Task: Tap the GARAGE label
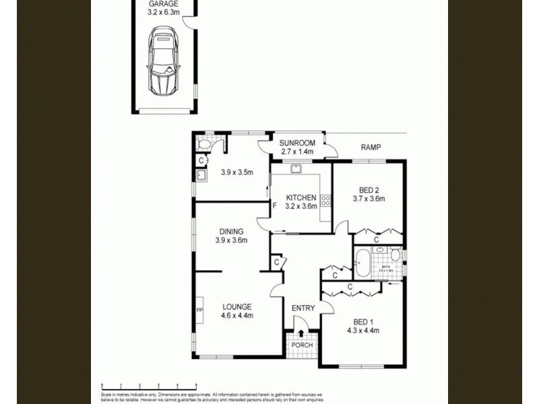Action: coord(164,4)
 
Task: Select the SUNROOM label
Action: coord(298,143)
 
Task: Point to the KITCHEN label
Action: coord(301,197)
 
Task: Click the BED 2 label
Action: coord(368,189)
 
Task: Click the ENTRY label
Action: coord(303,308)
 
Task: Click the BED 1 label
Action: coord(362,321)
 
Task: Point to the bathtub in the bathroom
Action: coord(362,263)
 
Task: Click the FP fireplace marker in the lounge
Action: coord(199,310)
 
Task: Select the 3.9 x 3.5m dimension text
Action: coord(236,172)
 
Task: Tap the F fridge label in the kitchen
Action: coord(274,205)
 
